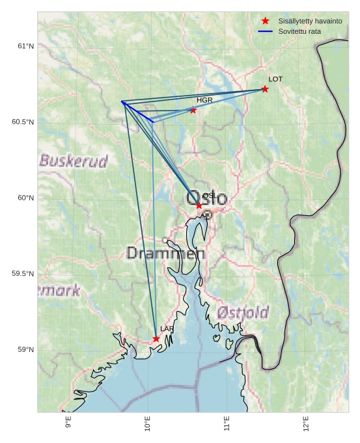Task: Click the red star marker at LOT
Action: click(x=265, y=89)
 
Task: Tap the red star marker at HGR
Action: click(x=193, y=110)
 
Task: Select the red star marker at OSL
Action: click(x=199, y=206)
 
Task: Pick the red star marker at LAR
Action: click(x=156, y=339)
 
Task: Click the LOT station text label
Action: click(x=275, y=79)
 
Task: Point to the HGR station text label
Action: click(x=204, y=100)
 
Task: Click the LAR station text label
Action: click(x=167, y=329)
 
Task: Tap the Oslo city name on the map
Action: click(x=207, y=198)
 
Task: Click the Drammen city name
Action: click(x=165, y=254)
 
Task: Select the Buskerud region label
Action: click(x=74, y=161)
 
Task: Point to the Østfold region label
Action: click(x=242, y=312)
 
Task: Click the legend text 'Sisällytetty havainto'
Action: click(x=310, y=21)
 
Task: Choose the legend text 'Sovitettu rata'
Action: click(x=299, y=31)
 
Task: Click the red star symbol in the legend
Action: click(x=265, y=21)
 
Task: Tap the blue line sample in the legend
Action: click(x=265, y=31)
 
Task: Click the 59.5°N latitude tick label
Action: click(x=23, y=274)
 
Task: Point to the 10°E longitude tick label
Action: click(x=148, y=423)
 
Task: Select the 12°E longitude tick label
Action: click(x=306, y=423)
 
